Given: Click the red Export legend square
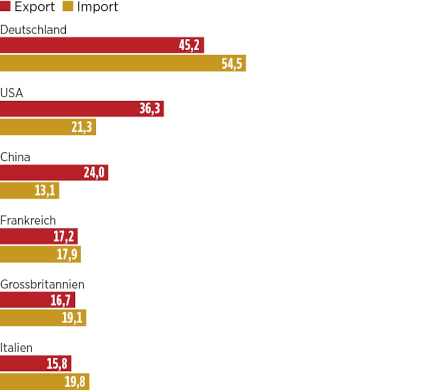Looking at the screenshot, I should point(6,7).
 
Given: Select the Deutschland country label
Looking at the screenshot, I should point(33,30).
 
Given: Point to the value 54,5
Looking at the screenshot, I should point(232,64).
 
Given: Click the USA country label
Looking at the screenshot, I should point(12,93).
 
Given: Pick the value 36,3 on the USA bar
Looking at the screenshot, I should point(149,109).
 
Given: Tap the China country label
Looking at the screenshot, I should point(15,157).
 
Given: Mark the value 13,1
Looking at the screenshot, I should point(45,191).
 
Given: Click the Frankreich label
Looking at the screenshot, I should point(28,220).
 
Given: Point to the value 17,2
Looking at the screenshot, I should point(63,236).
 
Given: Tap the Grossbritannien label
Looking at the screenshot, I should point(42,284).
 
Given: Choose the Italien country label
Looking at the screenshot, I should point(16,348).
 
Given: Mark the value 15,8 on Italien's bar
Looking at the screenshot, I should point(57,364).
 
